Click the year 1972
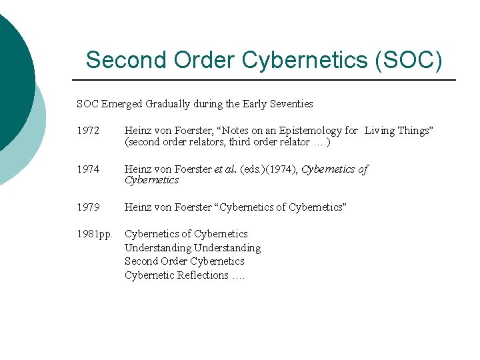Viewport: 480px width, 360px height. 87,131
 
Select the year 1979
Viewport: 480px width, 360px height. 87,207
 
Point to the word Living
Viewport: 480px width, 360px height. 380,131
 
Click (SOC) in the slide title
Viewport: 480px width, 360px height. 408,60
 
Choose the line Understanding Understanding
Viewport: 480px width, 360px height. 193,248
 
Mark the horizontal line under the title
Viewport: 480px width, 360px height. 267,80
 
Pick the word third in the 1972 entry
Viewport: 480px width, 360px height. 243,142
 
